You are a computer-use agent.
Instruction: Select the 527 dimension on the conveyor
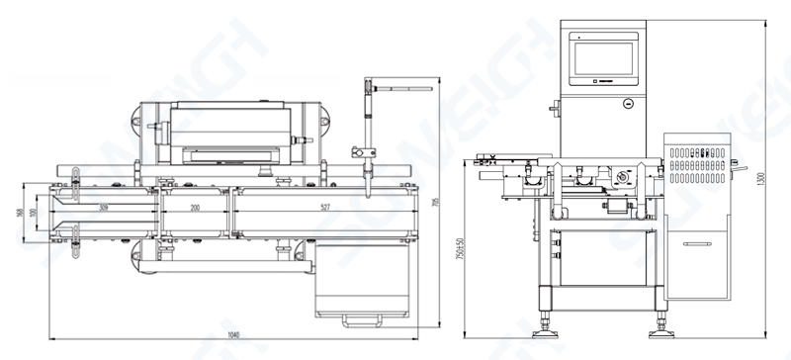pos(326,208)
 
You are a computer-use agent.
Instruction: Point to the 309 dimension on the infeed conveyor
pos(103,208)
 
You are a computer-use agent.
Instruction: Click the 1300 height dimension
pos(760,178)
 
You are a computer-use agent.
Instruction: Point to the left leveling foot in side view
pos(545,321)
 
